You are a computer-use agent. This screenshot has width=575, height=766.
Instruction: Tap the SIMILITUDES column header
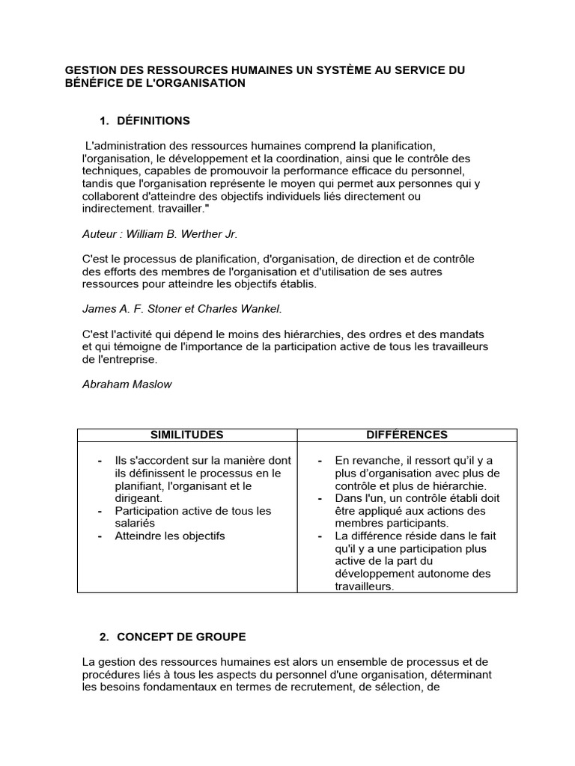(187, 435)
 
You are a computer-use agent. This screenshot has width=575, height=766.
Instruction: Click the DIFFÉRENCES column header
(407, 435)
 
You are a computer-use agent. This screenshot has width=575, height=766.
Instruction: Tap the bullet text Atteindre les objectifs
(169, 536)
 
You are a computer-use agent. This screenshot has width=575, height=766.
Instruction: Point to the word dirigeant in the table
(138, 498)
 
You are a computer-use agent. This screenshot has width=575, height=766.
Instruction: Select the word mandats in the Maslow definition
(465, 334)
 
